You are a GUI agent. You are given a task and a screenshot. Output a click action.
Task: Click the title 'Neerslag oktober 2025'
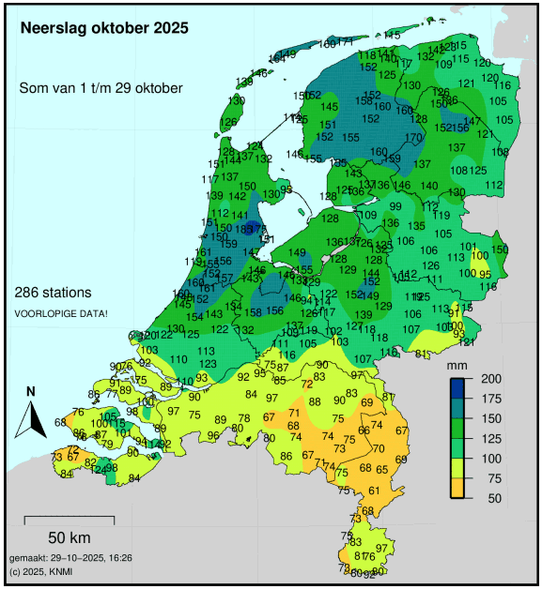click(103, 28)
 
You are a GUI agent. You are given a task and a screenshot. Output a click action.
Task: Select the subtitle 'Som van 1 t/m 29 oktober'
click(101, 88)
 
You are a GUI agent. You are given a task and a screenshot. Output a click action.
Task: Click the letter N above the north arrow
click(31, 392)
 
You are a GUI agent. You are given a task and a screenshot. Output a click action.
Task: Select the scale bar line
click(69, 518)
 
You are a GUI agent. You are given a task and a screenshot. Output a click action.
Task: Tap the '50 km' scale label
click(69, 537)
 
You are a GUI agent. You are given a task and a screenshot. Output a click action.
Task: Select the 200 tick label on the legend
click(492, 379)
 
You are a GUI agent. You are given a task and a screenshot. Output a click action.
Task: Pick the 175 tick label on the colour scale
click(492, 399)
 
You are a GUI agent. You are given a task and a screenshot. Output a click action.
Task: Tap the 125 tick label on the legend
click(492, 438)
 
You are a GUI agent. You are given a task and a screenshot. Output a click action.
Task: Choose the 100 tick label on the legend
click(492, 458)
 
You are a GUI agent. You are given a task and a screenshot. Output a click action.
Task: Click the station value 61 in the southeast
click(374, 491)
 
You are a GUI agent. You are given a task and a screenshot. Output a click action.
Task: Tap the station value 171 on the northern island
click(345, 42)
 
